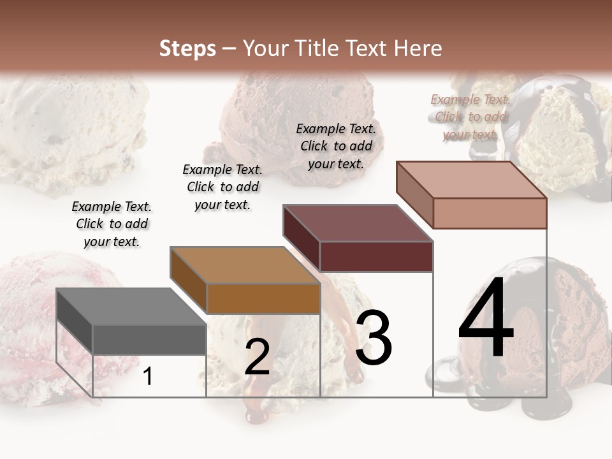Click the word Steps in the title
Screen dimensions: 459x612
pos(187,48)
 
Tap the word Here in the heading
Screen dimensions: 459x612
pos(418,48)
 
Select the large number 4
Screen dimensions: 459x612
pos(486,319)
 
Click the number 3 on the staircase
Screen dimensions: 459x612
pos(374,337)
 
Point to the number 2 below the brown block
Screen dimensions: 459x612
pos(257,357)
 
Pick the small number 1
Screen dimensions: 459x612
pos(148,376)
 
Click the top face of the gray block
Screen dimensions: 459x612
pos(131,307)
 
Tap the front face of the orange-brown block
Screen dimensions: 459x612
pos(263,298)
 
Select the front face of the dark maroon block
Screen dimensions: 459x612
pos(376,256)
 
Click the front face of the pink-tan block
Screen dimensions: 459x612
pos(490,213)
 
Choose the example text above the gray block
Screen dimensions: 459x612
pos(112,224)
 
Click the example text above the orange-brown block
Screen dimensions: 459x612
pos(222,187)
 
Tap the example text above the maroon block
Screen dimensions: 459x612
pos(336,146)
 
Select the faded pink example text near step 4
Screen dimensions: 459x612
pos(470,117)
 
